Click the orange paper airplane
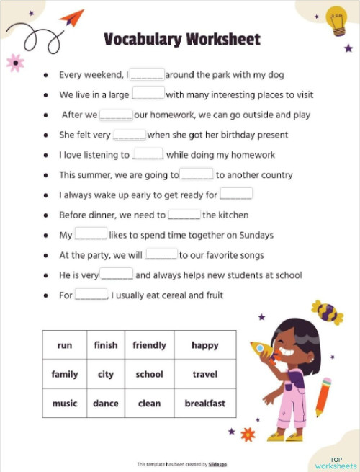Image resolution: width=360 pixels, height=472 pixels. coord(71,17)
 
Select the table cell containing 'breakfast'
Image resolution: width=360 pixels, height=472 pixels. coord(204,404)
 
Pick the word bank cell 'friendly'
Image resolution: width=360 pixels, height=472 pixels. coord(149,345)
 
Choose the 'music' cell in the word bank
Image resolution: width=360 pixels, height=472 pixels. coord(65,404)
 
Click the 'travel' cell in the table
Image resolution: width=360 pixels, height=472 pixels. coord(204,374)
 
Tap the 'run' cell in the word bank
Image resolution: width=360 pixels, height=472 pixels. coord(65,345)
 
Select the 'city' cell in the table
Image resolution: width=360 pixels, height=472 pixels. coord(106,374)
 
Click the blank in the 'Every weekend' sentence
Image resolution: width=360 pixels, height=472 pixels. coord(148,74)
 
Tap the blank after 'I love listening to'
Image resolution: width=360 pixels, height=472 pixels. coord(148,154)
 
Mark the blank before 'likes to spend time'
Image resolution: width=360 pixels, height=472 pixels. coord(91,235)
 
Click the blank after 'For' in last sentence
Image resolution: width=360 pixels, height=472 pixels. coord(91,295)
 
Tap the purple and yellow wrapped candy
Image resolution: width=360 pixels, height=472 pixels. coord(327,312)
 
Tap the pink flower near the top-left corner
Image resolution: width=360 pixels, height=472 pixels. coord(14,63)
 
